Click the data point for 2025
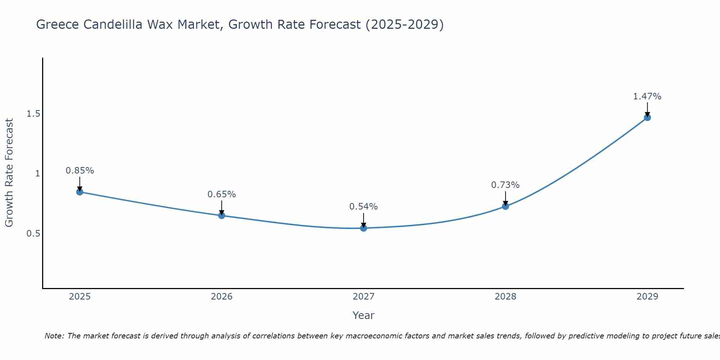pos(80,192)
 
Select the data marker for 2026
pos(221,216)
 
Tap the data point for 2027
pos(363,228)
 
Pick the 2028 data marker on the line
pos(505,206)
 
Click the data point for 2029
pos(647,117)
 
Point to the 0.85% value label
pos(80,171)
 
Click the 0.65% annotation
pos(221,194)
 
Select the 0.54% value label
pos(363,207)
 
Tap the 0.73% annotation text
pos(505,185)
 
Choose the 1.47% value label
pos(647,96)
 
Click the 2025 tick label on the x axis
pos(80,297)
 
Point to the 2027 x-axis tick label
pos(363,297)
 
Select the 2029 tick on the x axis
pos(647,297)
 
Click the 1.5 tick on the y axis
pos(33,114)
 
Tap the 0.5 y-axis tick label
pos(33,234)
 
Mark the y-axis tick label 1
pos(37,174)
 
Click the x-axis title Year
pos(363,315)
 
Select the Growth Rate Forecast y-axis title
pos(9,173)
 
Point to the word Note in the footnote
pos(54,336)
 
